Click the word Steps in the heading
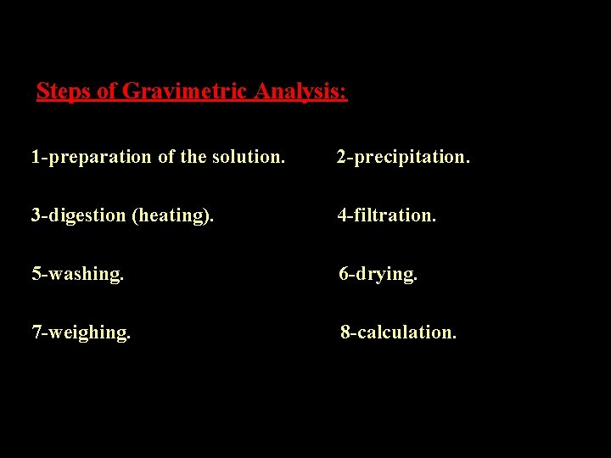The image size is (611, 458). (x=64, y=91)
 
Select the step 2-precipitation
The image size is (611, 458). (x=403, y=157)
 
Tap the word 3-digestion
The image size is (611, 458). (x=79, y=215)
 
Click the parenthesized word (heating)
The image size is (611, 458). (x=173, y=215)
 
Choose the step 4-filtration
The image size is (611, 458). (x=387, y=215)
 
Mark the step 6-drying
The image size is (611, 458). (x=378, y=274)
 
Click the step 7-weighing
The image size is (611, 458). (x=81, y=332)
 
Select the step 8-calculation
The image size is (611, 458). (x=399, y=332)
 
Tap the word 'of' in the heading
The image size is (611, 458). (x=107, y=91)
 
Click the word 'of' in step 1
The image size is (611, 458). (x=166, y=157)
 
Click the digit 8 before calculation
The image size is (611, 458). (x=345, y=332)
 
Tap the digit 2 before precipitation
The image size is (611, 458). (x=341, y=157)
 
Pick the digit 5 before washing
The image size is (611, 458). (x=36, y=274)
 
